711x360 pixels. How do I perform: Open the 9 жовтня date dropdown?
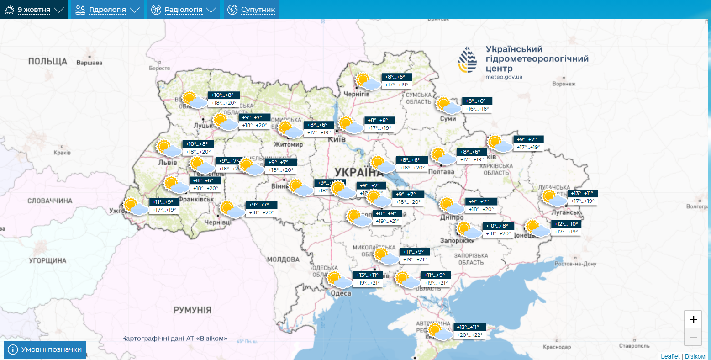point(34,10)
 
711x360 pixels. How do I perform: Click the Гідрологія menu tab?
point(107,10)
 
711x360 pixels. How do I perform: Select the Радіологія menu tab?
point(183,10)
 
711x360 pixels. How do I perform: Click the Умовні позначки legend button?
point(45,349)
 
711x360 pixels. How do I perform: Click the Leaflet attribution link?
point(670,356)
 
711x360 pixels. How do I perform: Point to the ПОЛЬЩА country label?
point(47,61)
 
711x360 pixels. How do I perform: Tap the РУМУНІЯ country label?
point(192,310)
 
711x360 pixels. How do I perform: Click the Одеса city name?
point(341,293)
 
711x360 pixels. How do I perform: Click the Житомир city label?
point(288,144)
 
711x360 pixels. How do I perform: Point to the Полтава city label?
point(441,172)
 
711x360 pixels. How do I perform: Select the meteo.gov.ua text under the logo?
point(504,77)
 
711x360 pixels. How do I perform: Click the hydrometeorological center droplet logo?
point(468,60)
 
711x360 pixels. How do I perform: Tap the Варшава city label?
point(90,63)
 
